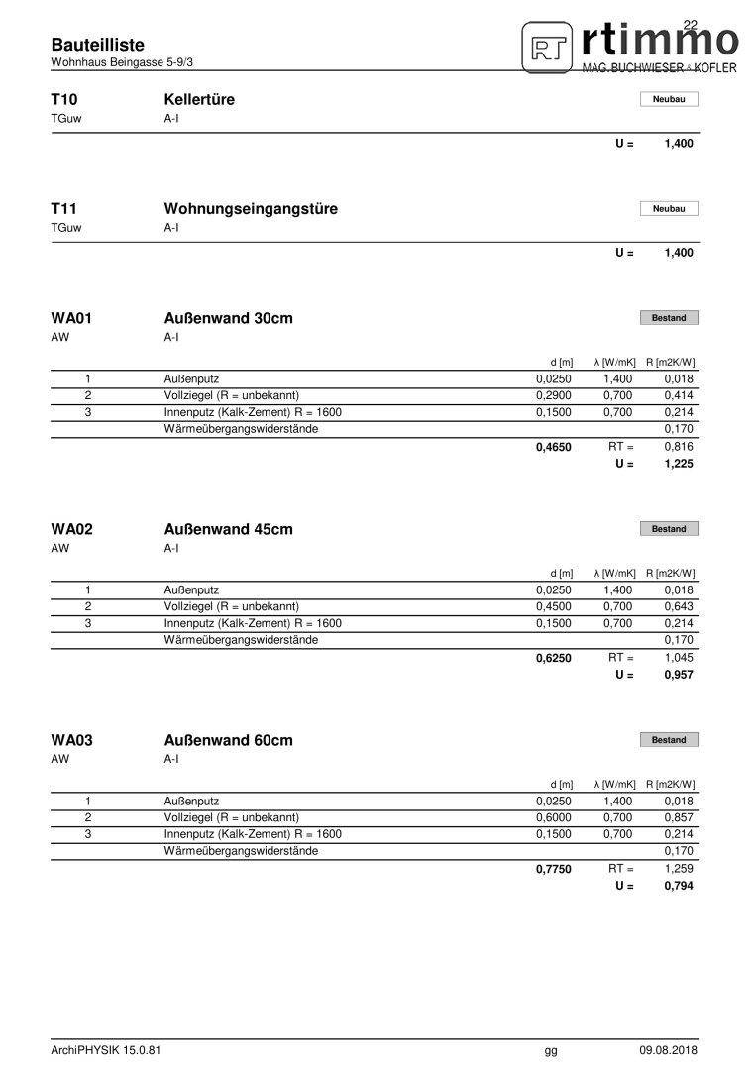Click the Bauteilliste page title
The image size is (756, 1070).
tap(97, 45)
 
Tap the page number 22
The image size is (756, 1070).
tap(691, 24)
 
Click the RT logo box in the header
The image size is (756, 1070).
tap(546, 48)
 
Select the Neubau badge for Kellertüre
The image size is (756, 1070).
tap(669, 99)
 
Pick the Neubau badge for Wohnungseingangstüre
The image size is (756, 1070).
tap(669, 209)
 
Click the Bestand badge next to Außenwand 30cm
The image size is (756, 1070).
tap(669, 318)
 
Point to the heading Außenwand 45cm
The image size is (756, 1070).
tap(228, 529)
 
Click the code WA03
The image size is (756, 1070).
tap(72, 740)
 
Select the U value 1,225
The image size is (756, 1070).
tap(679, 464)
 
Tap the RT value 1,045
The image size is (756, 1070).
tap(679, 658)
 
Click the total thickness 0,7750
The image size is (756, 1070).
tap(554, 869)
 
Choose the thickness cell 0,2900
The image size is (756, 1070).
tap(554, 395)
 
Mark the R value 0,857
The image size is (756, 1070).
tap(679, 817)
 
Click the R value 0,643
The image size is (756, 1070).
tap(679, 606)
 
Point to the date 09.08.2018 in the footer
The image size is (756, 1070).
tap(668, 1050)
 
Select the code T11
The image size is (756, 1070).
tap(63, 209)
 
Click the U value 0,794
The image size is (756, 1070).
tap(679, 886)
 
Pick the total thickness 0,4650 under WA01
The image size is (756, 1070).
tap(554, 447)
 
